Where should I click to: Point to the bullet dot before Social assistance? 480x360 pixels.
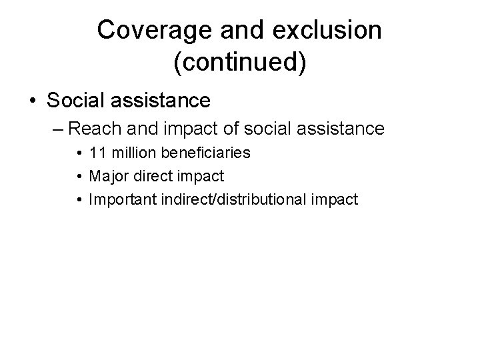(x=33, y=101)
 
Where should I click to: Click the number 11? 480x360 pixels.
(x=97, y=153)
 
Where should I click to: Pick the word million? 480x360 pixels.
(x=131, y=153)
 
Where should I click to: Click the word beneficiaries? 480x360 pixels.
(x=203, y=153)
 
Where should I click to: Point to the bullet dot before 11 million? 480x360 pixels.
(x=79, y=154)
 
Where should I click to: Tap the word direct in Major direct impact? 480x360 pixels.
(x=151, y=176)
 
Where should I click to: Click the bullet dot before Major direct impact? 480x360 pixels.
(x=79, y=177)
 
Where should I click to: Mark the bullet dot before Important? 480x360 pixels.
(x=79, y=199)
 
